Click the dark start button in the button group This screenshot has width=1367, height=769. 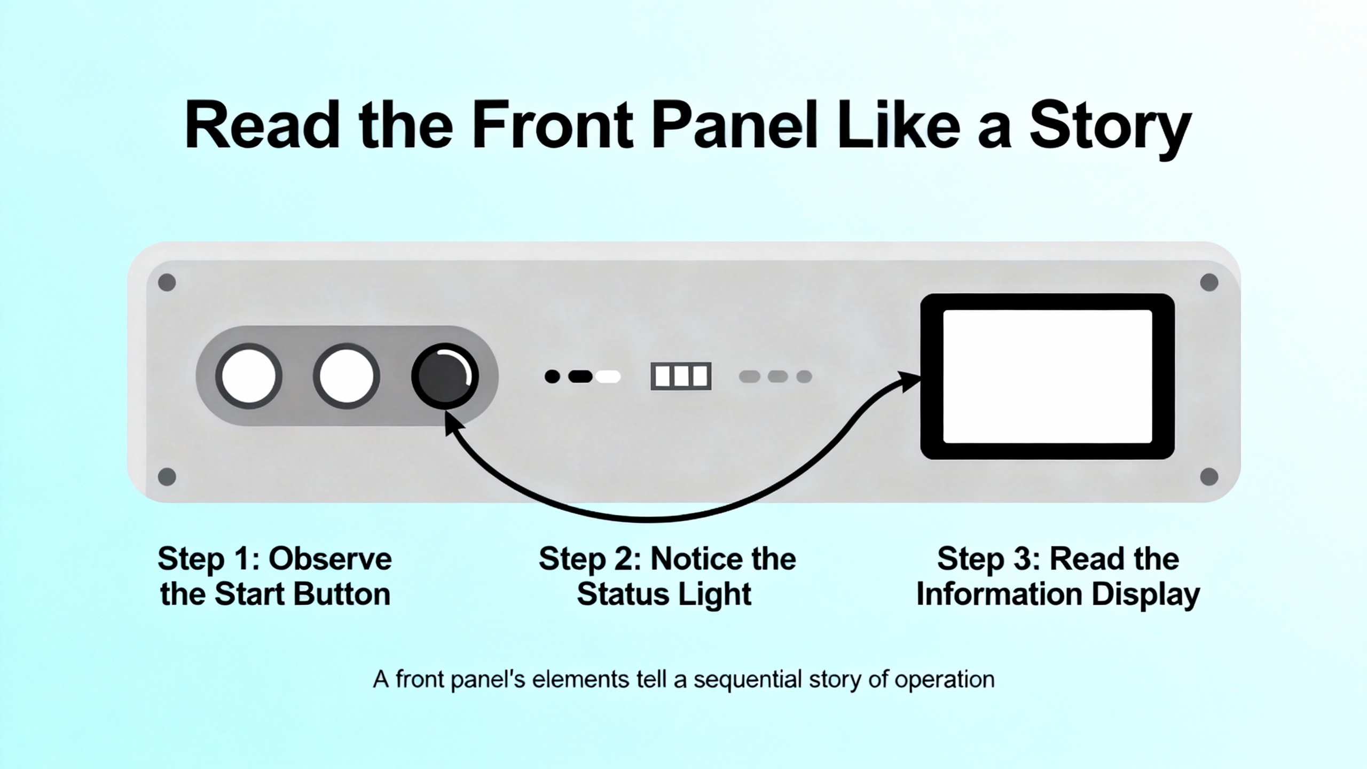point(445,376)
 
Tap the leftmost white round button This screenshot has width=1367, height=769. point(249,376)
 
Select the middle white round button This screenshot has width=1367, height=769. point(347,376)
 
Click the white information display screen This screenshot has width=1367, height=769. point(1048,376)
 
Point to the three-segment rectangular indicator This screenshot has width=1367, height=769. point(681,376)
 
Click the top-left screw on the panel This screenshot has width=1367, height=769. point(167,282)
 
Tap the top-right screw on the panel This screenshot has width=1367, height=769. point(1209,282)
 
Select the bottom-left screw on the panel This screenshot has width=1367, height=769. point(167,476)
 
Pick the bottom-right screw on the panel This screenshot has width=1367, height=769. point(1209,476)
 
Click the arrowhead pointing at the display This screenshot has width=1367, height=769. point(910,381)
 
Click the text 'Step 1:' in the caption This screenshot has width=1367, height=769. point(208,559)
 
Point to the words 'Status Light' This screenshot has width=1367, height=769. point(664,594)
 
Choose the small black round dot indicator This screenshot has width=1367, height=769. point(552,376)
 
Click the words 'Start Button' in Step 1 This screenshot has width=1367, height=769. point(302,594)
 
